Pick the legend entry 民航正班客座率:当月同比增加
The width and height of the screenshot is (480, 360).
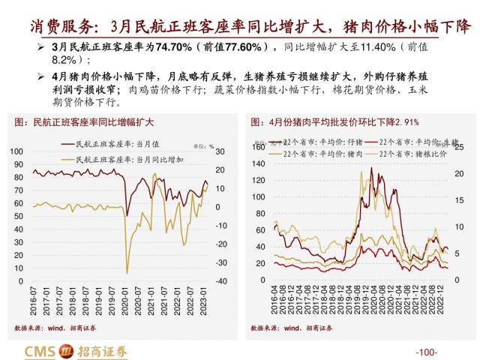(134, 159)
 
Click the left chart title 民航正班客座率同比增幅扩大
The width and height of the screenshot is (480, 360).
(84, 121)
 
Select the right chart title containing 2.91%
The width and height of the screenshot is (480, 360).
(335, 121)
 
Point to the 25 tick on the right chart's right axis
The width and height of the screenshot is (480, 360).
(462, 147)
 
